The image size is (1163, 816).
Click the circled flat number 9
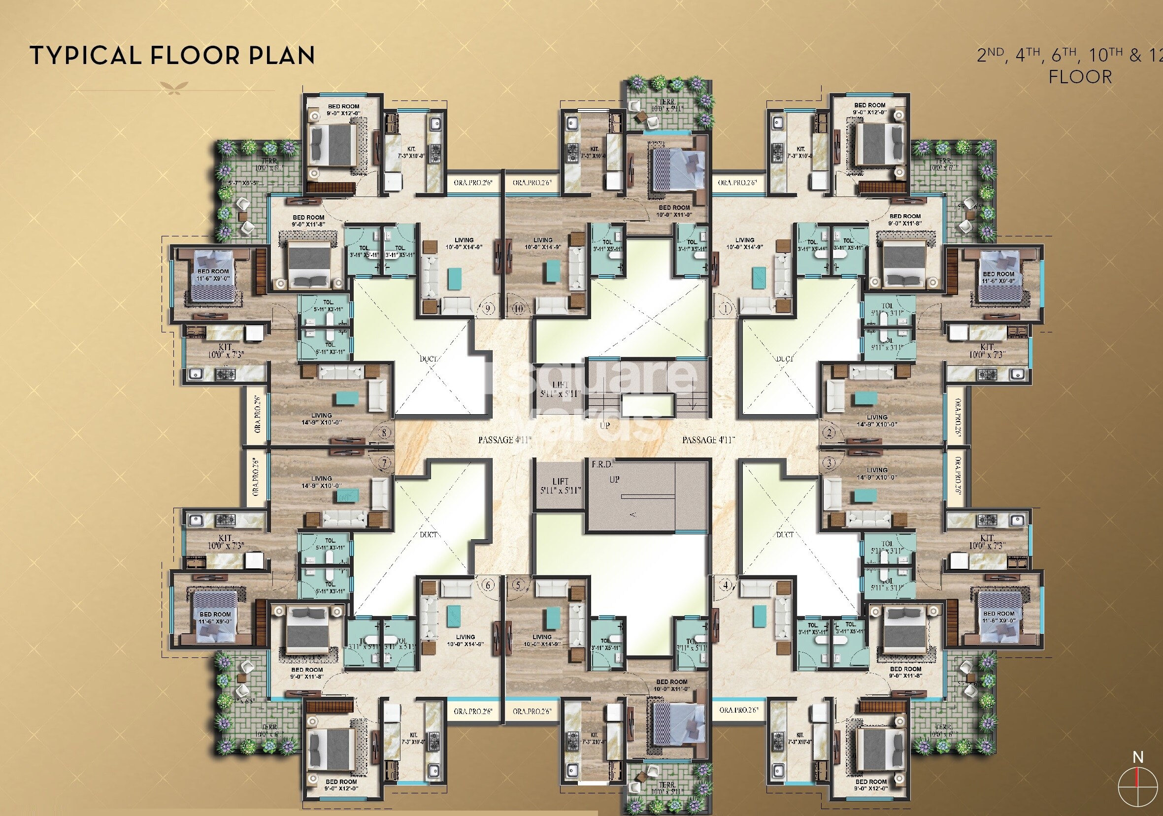pos(488,308)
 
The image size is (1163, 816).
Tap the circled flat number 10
pos(518,308)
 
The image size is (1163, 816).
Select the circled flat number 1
pos(727,308)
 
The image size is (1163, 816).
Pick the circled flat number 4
pos(727,586)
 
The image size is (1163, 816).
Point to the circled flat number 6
pos(488,586)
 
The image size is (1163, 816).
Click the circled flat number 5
pos(518,586)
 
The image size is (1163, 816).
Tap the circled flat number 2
pos(829,432)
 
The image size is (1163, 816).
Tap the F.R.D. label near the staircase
pos(602,464)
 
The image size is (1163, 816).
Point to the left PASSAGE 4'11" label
pos(504,440)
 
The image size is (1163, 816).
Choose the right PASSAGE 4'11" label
pos(708,440)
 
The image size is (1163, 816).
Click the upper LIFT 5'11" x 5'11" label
pos(560,389)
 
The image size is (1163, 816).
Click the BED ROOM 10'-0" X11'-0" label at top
pos(674,211)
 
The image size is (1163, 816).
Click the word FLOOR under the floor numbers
pos(1080,77)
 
